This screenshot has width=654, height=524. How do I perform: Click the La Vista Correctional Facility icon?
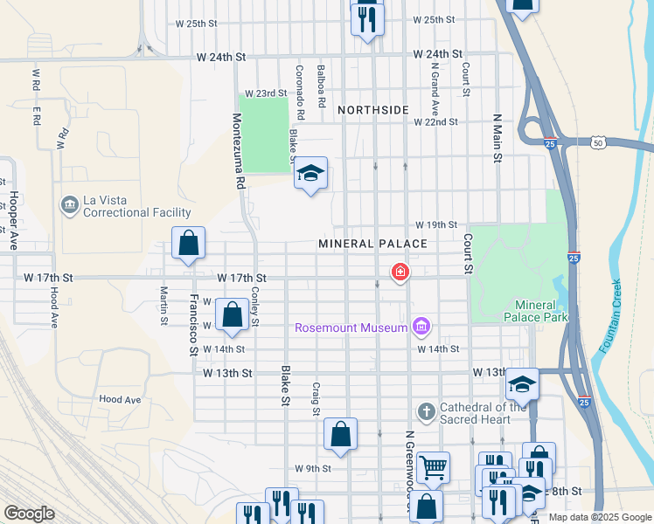click(68, 205)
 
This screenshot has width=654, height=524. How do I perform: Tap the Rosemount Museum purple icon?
click(421, 327)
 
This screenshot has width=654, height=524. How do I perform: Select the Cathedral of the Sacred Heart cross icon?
click(426, 411)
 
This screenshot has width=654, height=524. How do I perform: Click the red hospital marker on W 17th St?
click(400, 273)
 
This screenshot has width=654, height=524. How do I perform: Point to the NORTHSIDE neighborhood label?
click(373, 110)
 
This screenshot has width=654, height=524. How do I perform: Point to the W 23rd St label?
click(266, 93)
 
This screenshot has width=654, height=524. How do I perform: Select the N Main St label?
click(497, 138)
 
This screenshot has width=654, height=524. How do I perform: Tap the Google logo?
click(29, 514)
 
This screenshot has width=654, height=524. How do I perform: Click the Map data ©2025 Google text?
click(599, 517)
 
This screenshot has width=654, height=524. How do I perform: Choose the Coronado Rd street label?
click(299, 93)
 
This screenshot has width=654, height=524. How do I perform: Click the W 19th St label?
click(436, 224)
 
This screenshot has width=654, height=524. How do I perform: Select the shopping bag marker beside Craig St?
click(341, 435)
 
